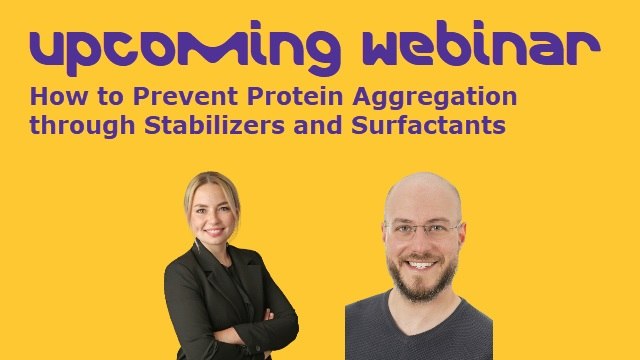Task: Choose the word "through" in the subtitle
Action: click(x=72, y=126)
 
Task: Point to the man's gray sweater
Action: click(x=420, y=335)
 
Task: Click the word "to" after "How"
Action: click(x=88, y=98)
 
